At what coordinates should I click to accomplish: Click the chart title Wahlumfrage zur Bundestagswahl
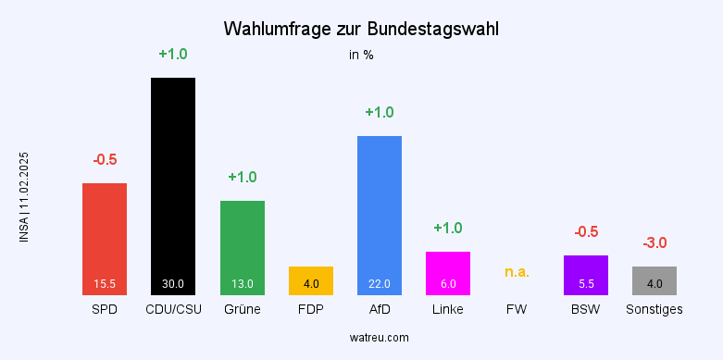coord(361,29)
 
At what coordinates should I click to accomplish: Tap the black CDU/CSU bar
coord(173,185)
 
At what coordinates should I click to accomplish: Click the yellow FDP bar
coord(311,279)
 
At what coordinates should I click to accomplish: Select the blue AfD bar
coord(380,213)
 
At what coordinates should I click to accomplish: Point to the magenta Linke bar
coord(448,271)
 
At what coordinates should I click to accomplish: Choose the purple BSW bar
coord(586,274)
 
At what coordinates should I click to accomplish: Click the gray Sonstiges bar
coord(654,279)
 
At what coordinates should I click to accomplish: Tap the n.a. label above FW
coord(517,272)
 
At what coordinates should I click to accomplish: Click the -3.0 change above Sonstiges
coord(654,243)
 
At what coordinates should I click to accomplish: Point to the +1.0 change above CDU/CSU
coord(173,54)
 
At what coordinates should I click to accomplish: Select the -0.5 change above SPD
coord(105,159)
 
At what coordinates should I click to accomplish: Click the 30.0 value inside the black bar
coord(173,283)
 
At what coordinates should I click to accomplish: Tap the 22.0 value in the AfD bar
coord(380,283)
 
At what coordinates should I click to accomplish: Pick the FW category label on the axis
coord(517,309)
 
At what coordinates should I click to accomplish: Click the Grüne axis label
coord(243,309)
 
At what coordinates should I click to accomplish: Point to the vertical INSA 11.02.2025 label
coord(24,197)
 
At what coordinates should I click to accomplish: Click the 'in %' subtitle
coord(361,55)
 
